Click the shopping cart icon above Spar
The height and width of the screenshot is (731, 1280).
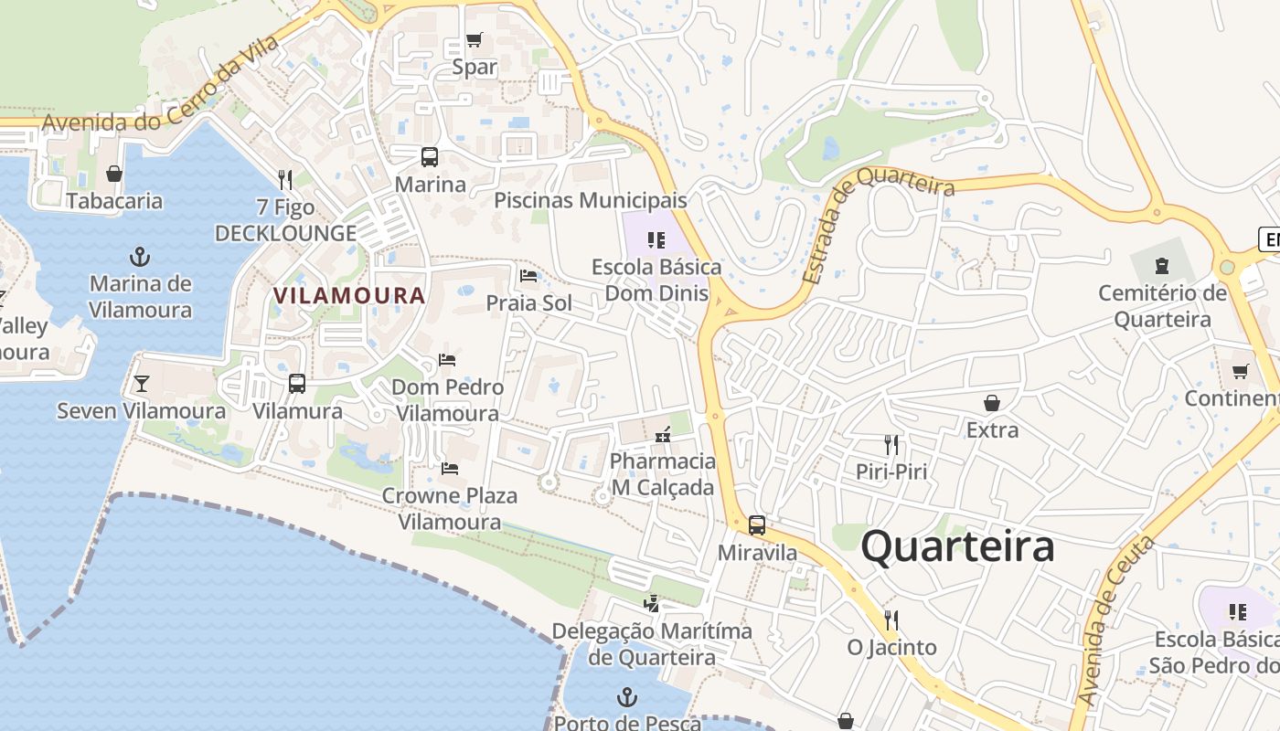click(474, 39)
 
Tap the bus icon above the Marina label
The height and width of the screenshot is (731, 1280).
click(430, 156)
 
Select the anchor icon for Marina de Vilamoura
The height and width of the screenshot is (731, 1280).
click(140, 256)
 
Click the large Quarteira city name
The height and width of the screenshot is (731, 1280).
click(957, 546)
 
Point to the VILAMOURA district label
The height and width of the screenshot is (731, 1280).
click(349, 295)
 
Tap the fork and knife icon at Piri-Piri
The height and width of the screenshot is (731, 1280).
click(891, 445)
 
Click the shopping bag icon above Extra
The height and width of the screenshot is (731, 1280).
click(992, 402)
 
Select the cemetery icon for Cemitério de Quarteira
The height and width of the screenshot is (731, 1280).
click(1161, 266)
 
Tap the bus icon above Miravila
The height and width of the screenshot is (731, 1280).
click(756, 525)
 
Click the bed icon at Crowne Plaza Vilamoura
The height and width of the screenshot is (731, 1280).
click(449, 469)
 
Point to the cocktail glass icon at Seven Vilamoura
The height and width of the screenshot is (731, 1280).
click(141, 383)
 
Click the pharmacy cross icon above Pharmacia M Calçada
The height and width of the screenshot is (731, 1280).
click(663, 434)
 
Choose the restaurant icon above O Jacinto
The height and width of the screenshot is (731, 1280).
click(891, 620)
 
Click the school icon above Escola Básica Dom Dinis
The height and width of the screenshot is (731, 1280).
click(656, 240)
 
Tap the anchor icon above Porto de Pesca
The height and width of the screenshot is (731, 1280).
click(626, 697)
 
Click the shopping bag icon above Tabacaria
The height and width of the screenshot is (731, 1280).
click(114, 173)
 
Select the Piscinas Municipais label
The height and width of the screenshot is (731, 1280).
click(590, 200)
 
